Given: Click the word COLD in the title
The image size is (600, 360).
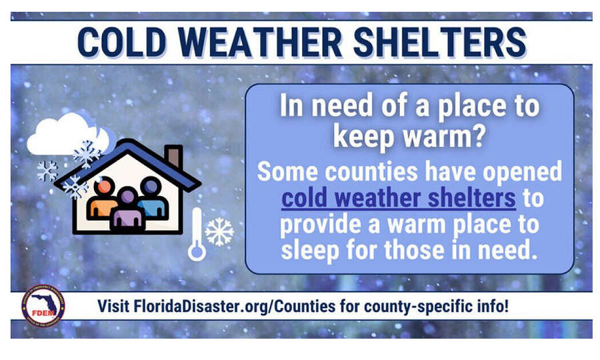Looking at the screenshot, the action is pyautogui.click(x=122, y=42).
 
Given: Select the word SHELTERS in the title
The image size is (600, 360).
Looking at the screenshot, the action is pyautogui.click(x=440, y=42).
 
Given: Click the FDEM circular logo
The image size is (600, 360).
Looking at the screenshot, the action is pyautogui.click(x=43, y=306).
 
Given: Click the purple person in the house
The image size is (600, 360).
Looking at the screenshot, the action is pyautogui.click(x=128, y=211).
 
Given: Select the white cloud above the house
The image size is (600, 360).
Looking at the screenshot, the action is pyautogui.click(x=69, y=134).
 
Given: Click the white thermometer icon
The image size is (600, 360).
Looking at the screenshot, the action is pyautogui.click(x=197, y=234).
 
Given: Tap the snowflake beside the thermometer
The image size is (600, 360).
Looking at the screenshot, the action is pyautogui.click(x=219, y=232).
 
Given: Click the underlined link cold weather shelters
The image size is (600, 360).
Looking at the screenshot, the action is pyautogui.click(x=399, y=198).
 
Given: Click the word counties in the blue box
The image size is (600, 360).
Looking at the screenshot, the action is pyautogui.click(x=371, y=172).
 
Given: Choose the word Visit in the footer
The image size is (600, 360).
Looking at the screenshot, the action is pyautogui.click(x=113, y=307).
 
